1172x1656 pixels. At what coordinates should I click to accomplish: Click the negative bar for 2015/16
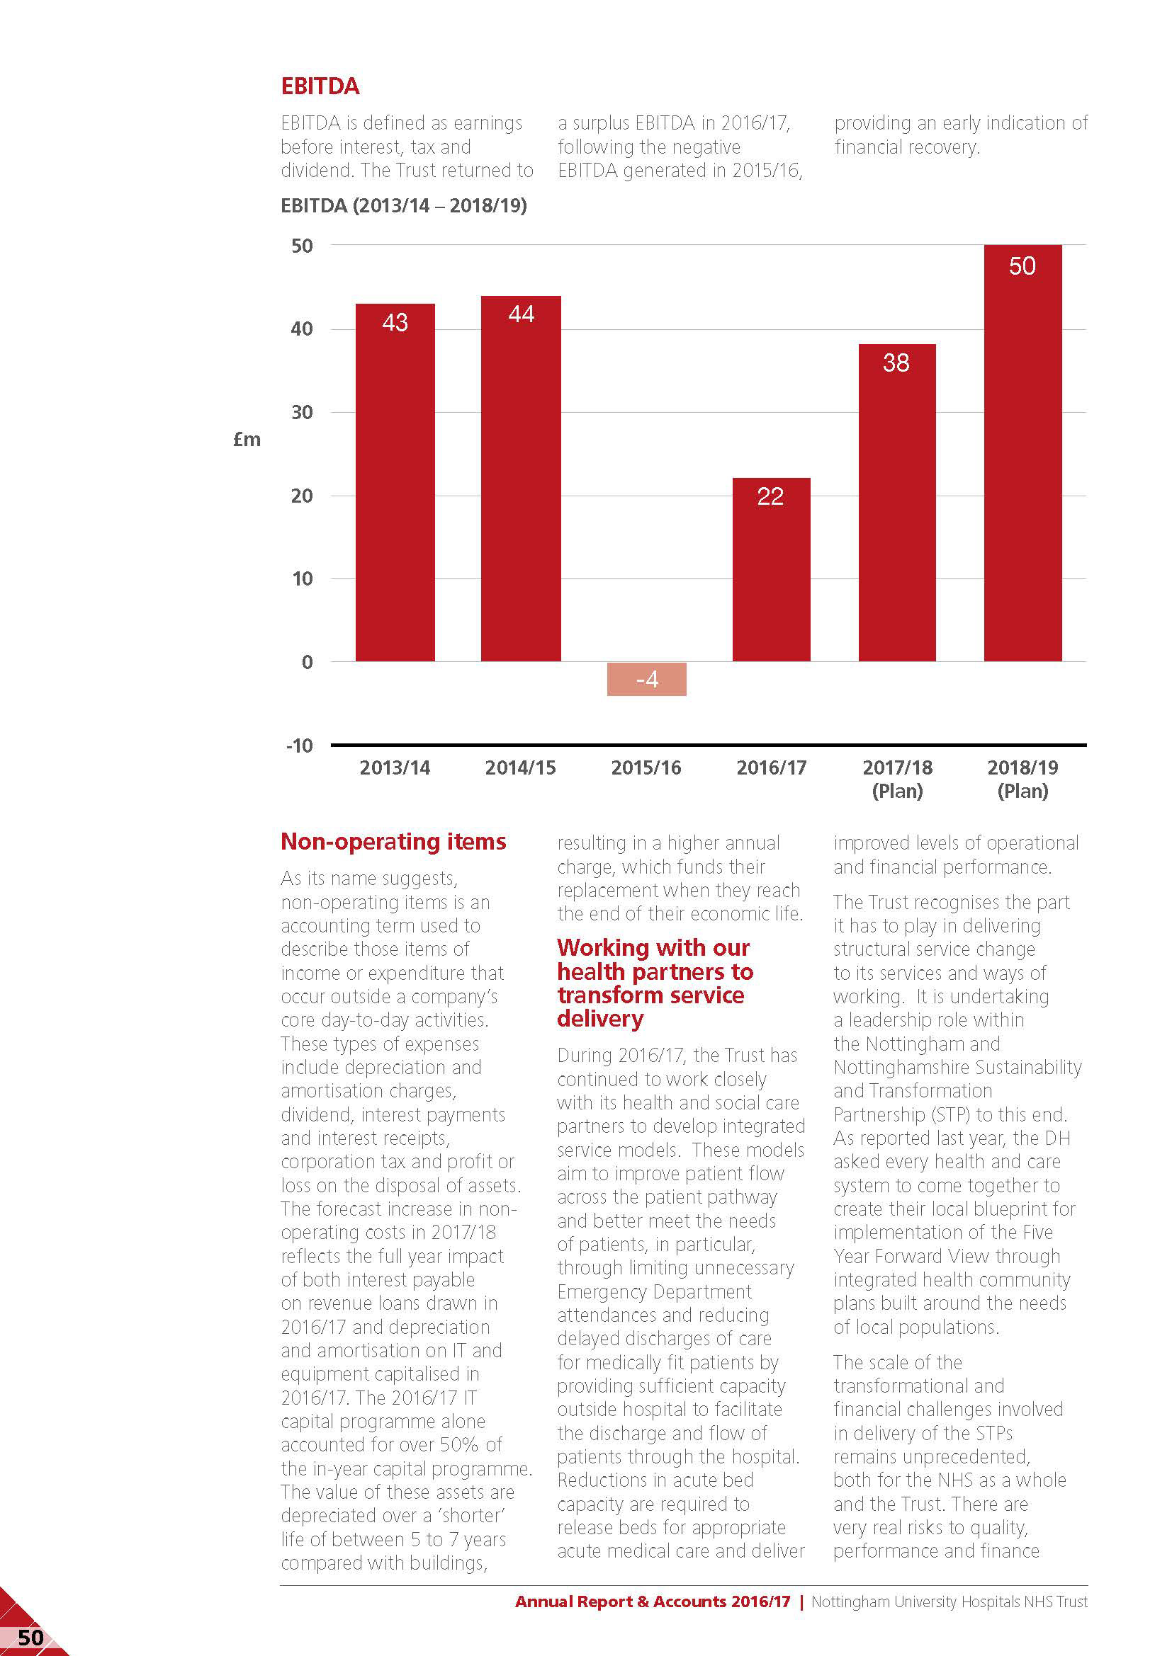pos(646,679)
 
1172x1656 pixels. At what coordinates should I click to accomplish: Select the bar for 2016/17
pos(771,569)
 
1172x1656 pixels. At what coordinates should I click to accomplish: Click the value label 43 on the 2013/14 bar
pos(395,321)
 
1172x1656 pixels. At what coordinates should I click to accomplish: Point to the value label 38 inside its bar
pos(896,362)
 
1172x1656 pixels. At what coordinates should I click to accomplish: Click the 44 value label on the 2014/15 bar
pos(521,314)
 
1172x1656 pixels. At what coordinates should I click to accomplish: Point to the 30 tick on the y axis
pos(303,413)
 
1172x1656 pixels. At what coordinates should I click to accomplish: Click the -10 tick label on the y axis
pos(300,746)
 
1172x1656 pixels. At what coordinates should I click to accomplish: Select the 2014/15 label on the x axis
pos(520,767)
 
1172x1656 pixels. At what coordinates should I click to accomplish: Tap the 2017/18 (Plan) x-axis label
pos(897,778)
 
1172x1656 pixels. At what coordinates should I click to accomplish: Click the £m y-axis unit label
pos(247,439)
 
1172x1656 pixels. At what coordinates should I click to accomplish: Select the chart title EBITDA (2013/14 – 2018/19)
pos(403,205)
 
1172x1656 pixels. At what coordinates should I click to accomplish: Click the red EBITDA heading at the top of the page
pos(320,86)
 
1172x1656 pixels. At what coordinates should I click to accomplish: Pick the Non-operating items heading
pos(393,841)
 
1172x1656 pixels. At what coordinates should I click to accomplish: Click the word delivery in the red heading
pos(599,1018)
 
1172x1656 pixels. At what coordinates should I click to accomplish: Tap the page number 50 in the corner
pos(30,1638)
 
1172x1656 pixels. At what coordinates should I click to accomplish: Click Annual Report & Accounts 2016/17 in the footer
pos(653,1601)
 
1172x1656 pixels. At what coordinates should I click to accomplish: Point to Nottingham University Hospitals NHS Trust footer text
pos(949,1601)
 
